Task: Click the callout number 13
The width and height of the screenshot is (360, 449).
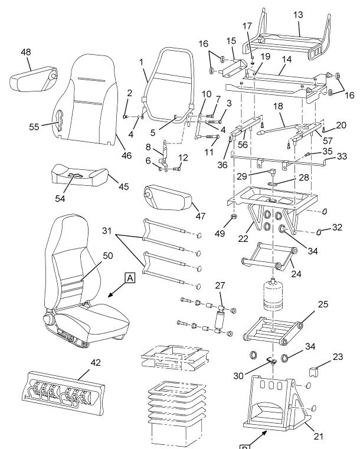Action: coord(299,14)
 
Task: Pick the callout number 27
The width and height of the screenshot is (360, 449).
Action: coord(220,285)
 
